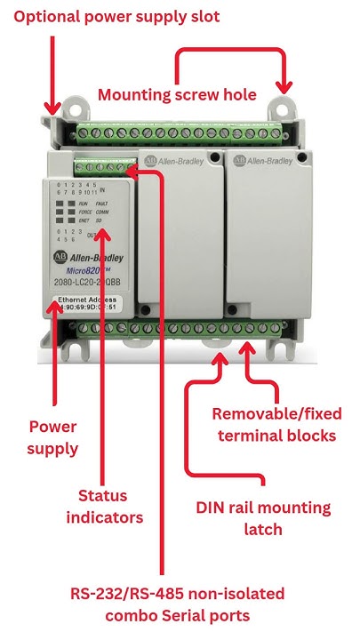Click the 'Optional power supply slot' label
(x=116, y=16)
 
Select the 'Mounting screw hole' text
(x=177, y=94)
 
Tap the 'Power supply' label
(x=53, y=437)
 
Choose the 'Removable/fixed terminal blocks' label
(x=274, y=424)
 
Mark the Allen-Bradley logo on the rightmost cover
(x=264, y=161)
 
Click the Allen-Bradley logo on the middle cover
(x=180, y=161)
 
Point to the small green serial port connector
(x=105, y=164)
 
